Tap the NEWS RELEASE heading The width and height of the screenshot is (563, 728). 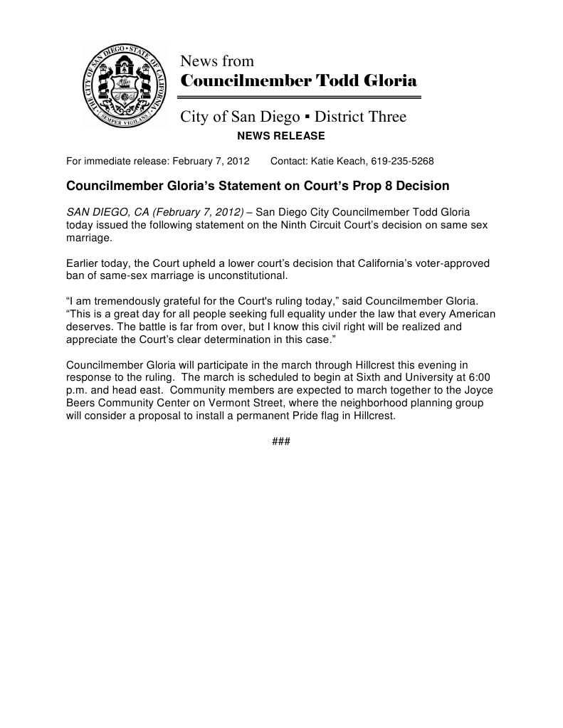(280, 136)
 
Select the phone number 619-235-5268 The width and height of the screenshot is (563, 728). (402, 161)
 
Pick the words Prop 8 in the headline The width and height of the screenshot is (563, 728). (370, 186)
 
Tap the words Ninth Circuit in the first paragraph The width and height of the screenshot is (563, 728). (333, 225)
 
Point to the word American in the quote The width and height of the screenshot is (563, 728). (465, 315)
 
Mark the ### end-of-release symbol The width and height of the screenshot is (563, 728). (280, 442)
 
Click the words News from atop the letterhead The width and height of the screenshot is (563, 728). (216, 61)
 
